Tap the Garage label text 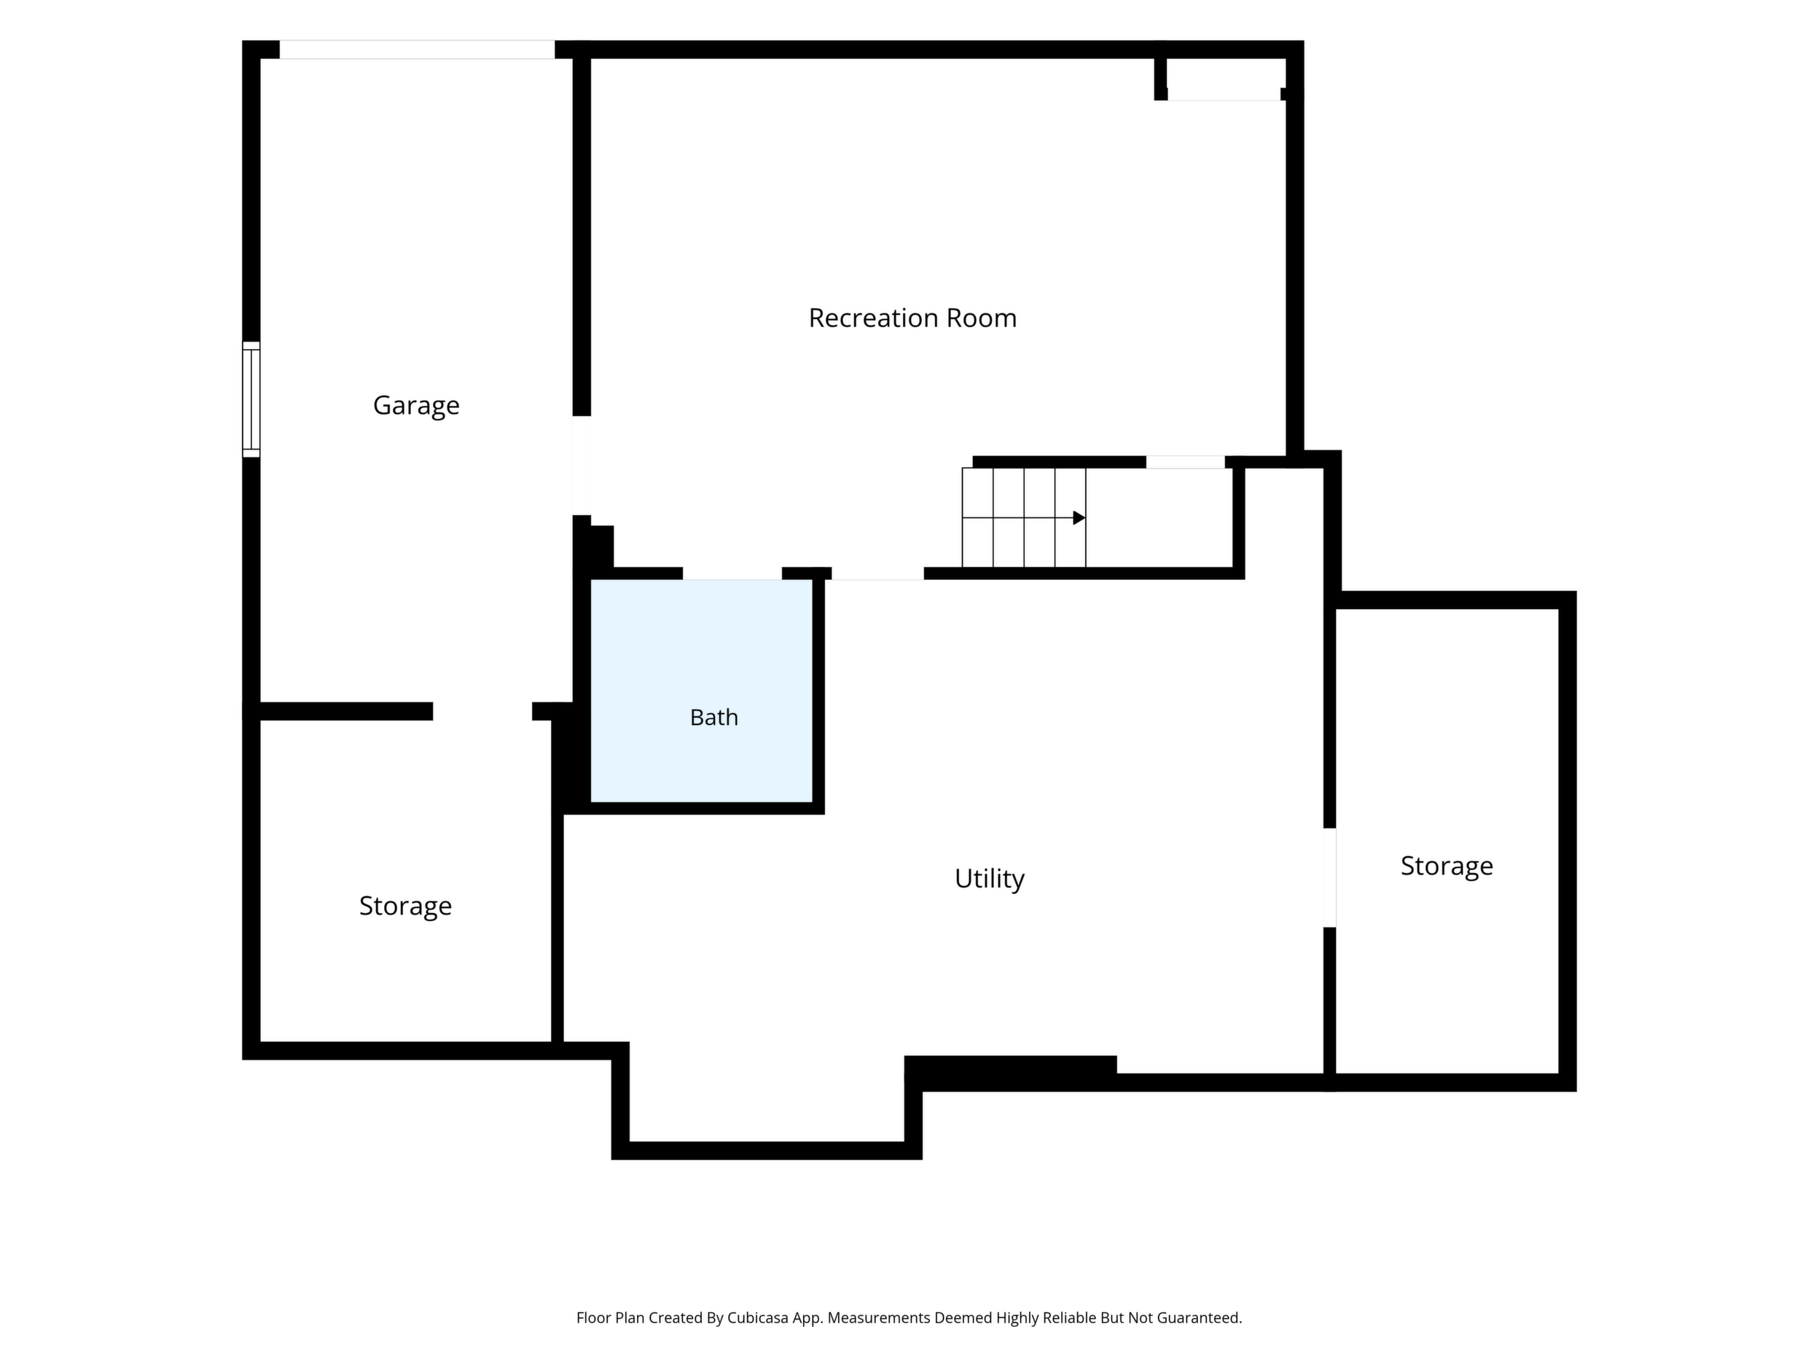(x=416, y=405)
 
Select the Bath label (x=713, y=718)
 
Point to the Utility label (x=989, y=879)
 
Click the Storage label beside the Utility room (x=1447, y=866)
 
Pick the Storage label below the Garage (x=405, y=906)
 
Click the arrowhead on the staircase (x=1079, y=518)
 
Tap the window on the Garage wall (x=251, y=399)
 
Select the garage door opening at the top (x=417, y=50)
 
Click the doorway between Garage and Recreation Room (x=582, y=466)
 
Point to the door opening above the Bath (x=732, y=573)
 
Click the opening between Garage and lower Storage (x=482, y=711)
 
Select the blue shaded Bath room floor (x=702, y=691)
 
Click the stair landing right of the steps (x=1159, y=518)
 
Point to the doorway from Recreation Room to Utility (x=877, y=573)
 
